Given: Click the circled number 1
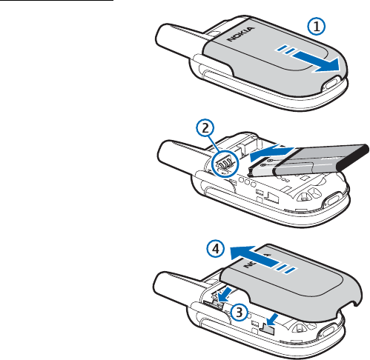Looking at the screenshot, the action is [317, 26].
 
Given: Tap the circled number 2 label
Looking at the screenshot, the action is [205, 128].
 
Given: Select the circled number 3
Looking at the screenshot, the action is [239, 312].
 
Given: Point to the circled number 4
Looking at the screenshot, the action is [216, 249].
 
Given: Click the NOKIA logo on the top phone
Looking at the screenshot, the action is [241, 34].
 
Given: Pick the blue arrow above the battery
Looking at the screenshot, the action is [271, 153].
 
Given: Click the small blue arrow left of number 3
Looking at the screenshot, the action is [225, 295].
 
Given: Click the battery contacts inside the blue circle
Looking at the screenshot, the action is [225, 164].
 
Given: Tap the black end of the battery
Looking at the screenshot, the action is [354, 159].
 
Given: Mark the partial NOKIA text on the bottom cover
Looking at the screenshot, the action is [257, 261].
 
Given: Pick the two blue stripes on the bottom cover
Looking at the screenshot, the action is [286, 268].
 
